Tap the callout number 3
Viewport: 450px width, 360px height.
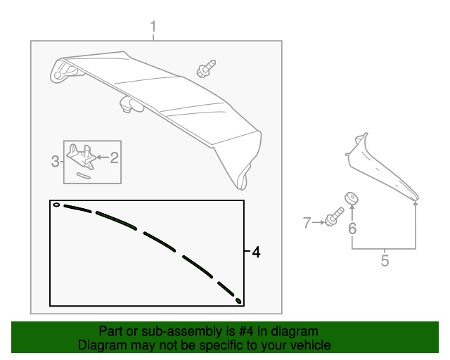click(56, 162)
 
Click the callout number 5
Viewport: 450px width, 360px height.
click(385, 262)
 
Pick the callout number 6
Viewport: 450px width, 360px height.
click(352, 228)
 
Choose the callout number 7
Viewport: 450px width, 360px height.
click(307, 224)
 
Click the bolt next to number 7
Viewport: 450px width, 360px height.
click(333, 219)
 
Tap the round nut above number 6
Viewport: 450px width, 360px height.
click(350, 198)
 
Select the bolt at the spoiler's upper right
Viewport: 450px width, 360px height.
click(205, 69)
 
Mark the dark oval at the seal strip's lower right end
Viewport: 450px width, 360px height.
click(238, 301)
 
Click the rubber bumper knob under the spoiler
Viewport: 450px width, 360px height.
click(130, 105)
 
